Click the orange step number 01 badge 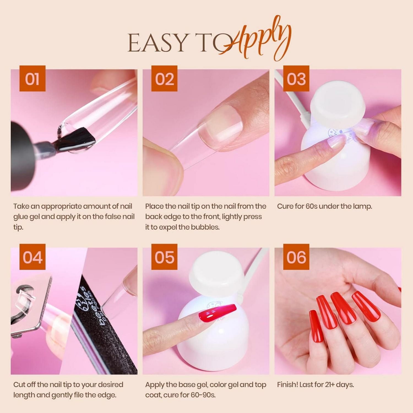point(32,79)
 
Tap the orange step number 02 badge point(164,79)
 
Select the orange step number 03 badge point(296,79)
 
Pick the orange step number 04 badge point(32,257)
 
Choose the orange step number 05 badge point(164,257)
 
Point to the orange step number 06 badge point(296,257)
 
